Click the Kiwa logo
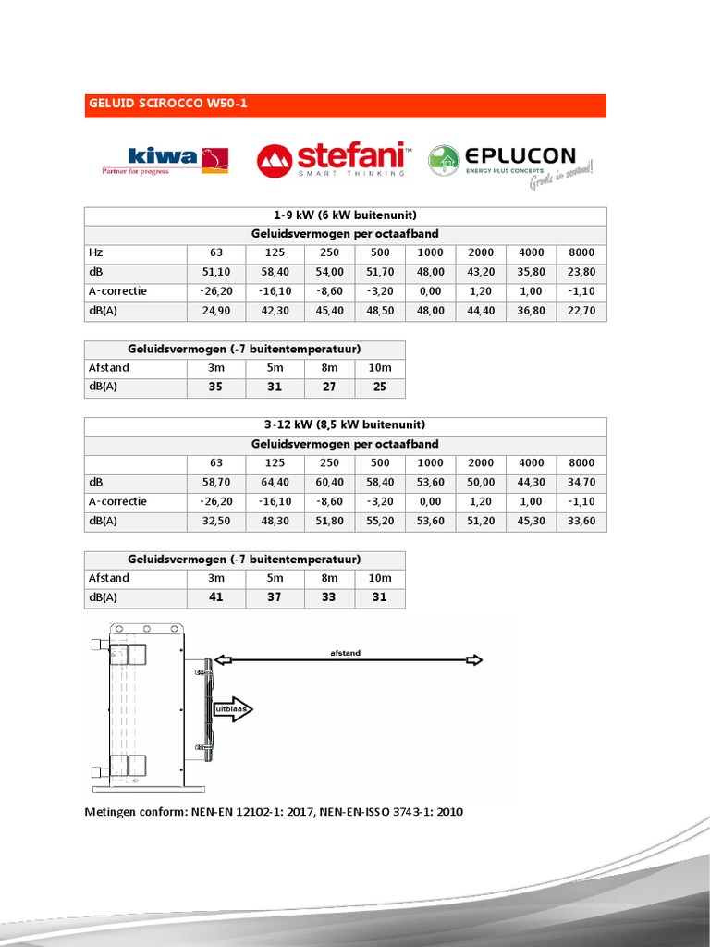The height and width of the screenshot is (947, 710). [x=165, y=159]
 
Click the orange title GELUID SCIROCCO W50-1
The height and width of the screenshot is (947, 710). [x=166, y=105]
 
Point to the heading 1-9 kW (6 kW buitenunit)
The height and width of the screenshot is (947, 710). [x=345, y=215]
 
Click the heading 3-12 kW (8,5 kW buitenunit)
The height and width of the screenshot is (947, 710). [x=345, y=425]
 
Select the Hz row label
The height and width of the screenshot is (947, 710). [x=95, y=252]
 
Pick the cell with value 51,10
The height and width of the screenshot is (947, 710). [x=215, y=272]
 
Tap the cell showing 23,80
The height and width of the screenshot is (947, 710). [x=581, y=272]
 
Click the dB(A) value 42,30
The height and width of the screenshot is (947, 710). [x=275, y=311]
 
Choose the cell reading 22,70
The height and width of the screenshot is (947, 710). [x=581, y=311]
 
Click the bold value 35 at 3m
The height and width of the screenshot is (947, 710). [x=215, y=387]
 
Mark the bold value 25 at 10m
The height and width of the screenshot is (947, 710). [x=379, y=387]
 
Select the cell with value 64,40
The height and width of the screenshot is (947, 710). [x=275, y=482]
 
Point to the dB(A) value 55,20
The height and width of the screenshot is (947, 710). [x=380, y=521]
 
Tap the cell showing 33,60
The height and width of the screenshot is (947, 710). [x=581, y=521]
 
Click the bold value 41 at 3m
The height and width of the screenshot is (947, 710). [x=215, y=597]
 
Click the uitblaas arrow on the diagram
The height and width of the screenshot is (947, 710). [x=232, y=709]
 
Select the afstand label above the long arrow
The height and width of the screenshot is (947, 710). [x=345, y=653]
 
